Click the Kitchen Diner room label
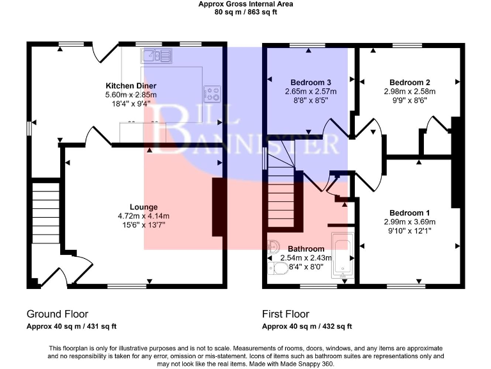pyautogui.click(x=131, y=85)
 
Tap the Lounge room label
pyautogui.click(x=143, y=207)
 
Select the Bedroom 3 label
pyautogui.click(x=311, y=83)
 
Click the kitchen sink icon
pyautogui.click(x=157, y=56)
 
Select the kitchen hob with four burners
pyautogui.click(x=212, y=94)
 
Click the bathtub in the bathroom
pyautogui.click(x=341, y=257)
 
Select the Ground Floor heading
pyautogui.click(x=57, y=314)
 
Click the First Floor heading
pyautogui.click(x=285, y=314)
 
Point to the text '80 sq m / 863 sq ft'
pyautogui.click(x=245, y=12)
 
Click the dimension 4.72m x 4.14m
pyautogui.click(x=143, y=216)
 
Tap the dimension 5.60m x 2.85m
pyautogui.click(x=131, y=95)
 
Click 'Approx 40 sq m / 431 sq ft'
pyautogui.click(x=71, y=326)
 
